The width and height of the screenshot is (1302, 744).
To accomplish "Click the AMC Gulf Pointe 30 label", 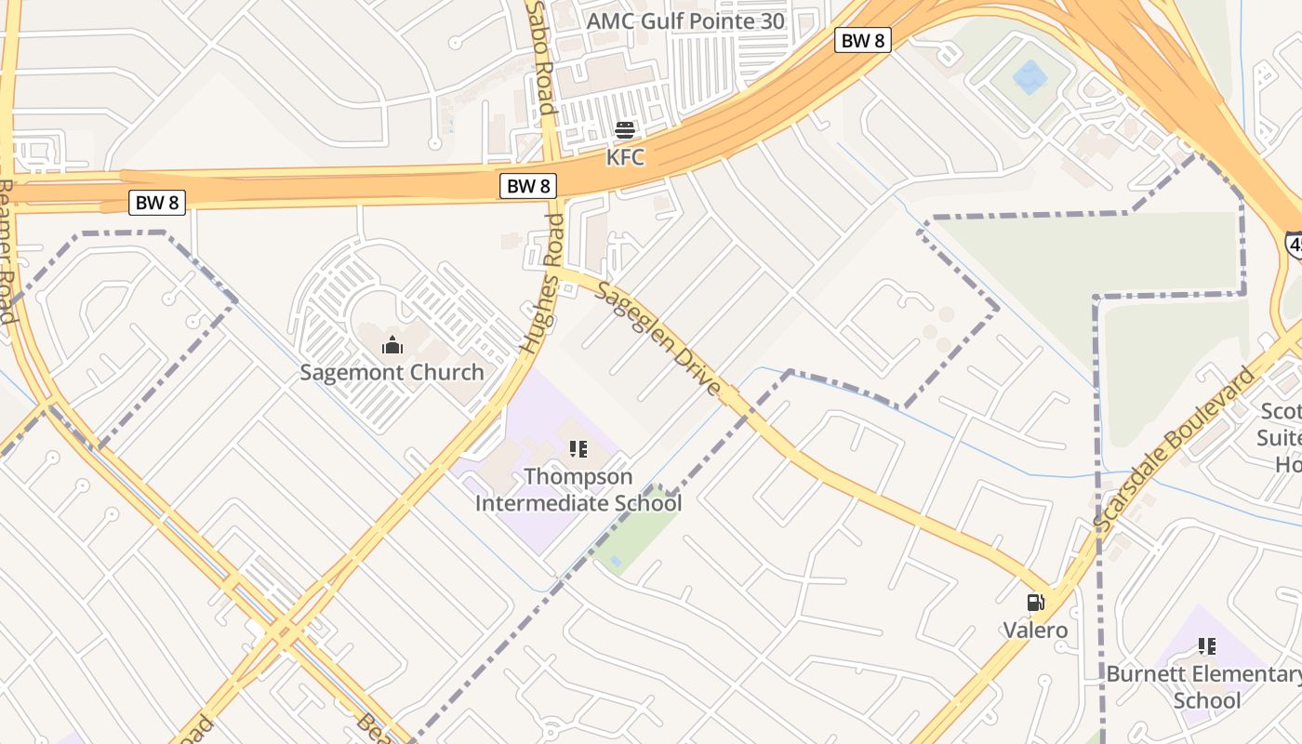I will [x=685, y=20].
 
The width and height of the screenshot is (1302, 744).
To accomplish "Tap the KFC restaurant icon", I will [x=625, y=130].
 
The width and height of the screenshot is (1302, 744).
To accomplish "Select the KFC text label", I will [x=625, y=157].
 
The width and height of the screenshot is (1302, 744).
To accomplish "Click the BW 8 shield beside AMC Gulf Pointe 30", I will [x=863, y=40].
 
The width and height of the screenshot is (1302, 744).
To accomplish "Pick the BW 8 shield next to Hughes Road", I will [x=528, y=186].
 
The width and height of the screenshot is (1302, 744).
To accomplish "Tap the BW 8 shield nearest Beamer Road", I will [x=156, y=202].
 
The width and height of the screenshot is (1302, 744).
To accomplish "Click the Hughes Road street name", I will [x=542, y=284].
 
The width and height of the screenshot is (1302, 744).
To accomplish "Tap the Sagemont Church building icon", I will [x=392, y=346].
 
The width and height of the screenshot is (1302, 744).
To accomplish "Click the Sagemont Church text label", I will [x=392, y=373].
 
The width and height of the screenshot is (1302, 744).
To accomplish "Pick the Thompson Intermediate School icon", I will [x=578, y=450].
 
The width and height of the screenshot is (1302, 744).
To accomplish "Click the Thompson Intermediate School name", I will [x=578, y=490].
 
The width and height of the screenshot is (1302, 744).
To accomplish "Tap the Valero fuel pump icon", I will [x=1035, y=603].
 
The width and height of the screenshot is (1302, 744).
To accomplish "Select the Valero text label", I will [x=1035, y=630].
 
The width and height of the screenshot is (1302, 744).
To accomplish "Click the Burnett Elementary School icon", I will [x=1207, y=646].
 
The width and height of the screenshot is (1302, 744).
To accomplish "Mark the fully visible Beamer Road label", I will [x=7, y=251].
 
